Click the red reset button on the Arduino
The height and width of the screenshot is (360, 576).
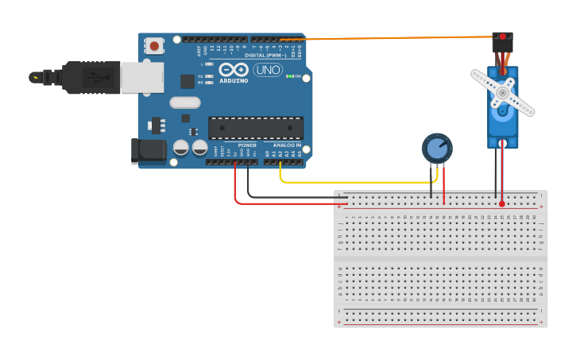tap(154, 46)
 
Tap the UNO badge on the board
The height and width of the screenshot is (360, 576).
tap(267, 70)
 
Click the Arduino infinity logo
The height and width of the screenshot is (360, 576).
tap(234, 70)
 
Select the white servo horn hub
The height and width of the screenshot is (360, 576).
tap(501, 93)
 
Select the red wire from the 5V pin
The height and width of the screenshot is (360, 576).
tap(236, 187)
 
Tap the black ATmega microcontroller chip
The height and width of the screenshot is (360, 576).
tap(255, 128)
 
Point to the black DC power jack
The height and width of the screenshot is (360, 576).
tap(148, 151)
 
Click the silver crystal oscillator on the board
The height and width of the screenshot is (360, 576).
tap(184, 102)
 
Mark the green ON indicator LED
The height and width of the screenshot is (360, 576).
tap(291, 77)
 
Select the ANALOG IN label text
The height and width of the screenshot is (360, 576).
tap(287, 145)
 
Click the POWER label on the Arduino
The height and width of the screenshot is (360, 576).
tap(247, 145)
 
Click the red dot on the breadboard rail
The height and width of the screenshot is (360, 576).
tap(502, 204)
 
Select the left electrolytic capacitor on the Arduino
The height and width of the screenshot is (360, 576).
tap(181, 148)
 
